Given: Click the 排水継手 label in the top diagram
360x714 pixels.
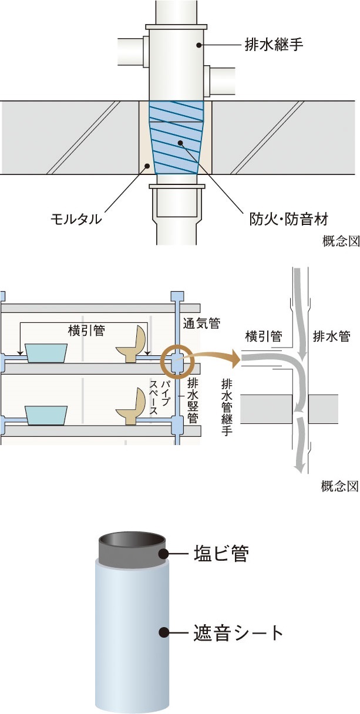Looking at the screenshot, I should [x=274, y=44].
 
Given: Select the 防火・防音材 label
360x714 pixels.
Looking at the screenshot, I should [x=286, y=220].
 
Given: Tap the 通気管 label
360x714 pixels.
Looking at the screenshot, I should [x=201, y=323].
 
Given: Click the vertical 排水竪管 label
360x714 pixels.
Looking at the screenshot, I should [x=191, y=399].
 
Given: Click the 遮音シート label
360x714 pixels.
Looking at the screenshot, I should [x=238, y=633].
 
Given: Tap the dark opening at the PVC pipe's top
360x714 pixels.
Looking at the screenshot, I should [x=132, y=540].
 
